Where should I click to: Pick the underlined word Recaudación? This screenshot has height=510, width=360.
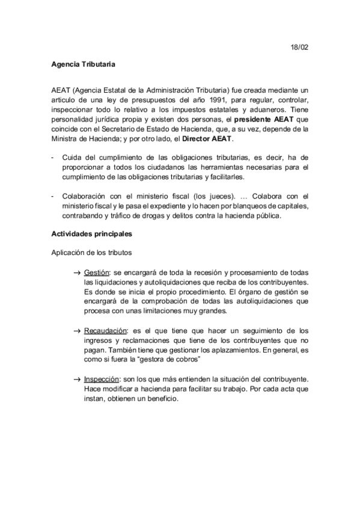point(106,330)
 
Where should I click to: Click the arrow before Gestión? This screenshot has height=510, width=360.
point(77,273)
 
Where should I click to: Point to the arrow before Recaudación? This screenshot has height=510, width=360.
point(77,331)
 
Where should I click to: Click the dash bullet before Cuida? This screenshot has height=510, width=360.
point(53,158)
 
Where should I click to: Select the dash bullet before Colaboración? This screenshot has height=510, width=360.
point(53,197)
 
